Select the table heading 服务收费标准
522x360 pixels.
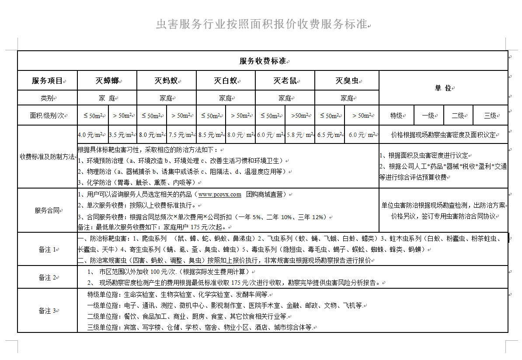click(x=262, y=61)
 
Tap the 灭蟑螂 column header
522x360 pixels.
click(x=107, y=80)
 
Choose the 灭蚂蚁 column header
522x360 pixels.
click(x=166, y=80)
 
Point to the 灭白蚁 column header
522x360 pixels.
click(x=226, y=80)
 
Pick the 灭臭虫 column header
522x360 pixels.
click(x=347, y=80)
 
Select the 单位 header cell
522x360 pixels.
click(x=443, y=88)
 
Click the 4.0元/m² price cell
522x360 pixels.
click(x=92, y=135)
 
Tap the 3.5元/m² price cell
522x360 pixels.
click(x=122, y=135)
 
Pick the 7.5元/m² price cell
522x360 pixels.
click(x=181, y=135)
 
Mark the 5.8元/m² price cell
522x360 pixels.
click(x=299, y=135)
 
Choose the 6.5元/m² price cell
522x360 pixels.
click(x=329, y=135)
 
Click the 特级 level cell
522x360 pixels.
click(x=397, y=115)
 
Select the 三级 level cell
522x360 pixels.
click(x=490, y=115)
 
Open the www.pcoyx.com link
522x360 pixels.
click(x=219, y=194)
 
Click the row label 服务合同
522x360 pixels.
click(x=47, y=210)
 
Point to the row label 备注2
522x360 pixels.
click(x=47, y=277)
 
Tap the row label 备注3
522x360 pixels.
click(x=47, y=311)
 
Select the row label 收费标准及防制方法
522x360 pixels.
click(x=47, y=157)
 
